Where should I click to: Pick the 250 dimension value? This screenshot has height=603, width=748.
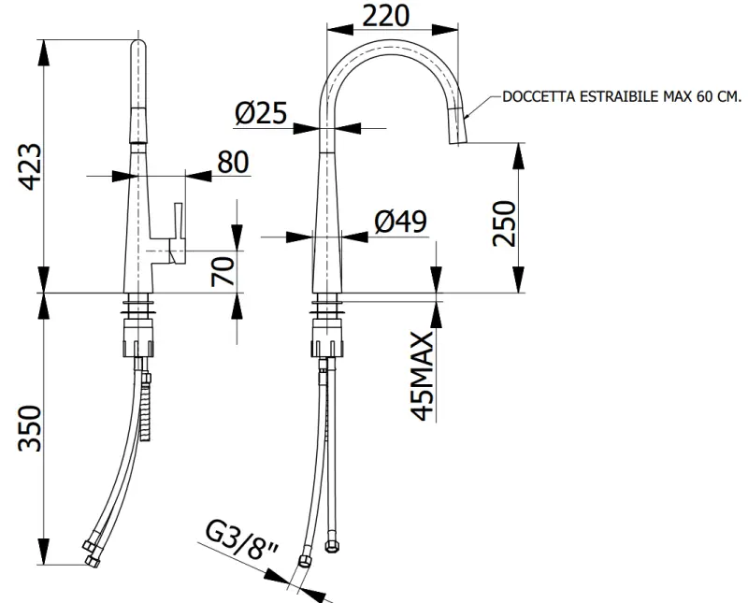[x=505, y=223]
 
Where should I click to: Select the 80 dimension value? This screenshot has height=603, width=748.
[x=233, y=162]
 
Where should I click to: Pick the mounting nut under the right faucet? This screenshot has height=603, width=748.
[x=328, y=337]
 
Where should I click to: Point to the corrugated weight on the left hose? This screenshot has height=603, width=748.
[x=145, y=407]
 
